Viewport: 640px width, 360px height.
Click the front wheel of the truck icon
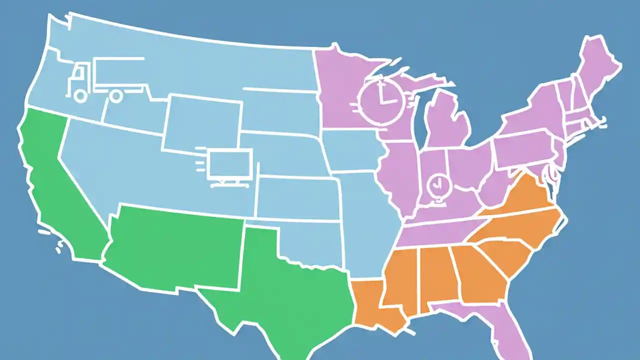pyautogui.click(x=80, y=95)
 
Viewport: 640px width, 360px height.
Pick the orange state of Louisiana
pyautogui.click(x=372, y=305)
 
